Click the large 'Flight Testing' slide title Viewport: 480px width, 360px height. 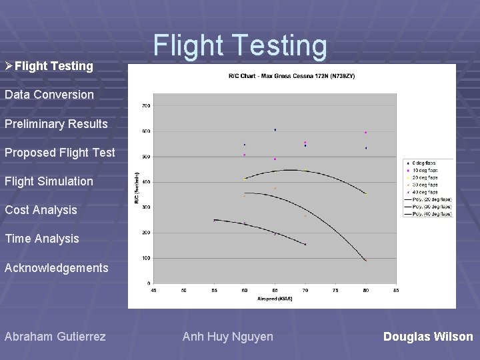240,46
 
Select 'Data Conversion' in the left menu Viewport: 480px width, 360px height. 49,95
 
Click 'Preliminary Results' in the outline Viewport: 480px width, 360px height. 56,124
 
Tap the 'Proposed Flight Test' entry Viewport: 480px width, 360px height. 60,153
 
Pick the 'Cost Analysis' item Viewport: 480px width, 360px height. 41,210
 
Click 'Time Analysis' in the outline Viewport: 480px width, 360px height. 42,239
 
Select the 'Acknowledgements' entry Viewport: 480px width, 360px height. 57,268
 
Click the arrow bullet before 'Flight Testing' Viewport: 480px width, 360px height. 9,66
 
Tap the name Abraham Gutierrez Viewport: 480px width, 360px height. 55,337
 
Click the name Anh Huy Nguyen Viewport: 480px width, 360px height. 228,337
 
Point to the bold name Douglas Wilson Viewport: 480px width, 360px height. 428,337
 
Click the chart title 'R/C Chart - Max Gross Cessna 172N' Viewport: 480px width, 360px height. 292,76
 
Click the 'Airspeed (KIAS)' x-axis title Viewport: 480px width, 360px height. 274,299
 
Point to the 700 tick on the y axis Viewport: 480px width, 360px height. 145,105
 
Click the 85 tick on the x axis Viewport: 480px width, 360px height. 396,290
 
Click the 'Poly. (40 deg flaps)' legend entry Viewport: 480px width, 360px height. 428,214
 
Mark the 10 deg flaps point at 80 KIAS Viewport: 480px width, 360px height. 365,133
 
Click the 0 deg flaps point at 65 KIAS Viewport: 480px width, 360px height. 275,130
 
